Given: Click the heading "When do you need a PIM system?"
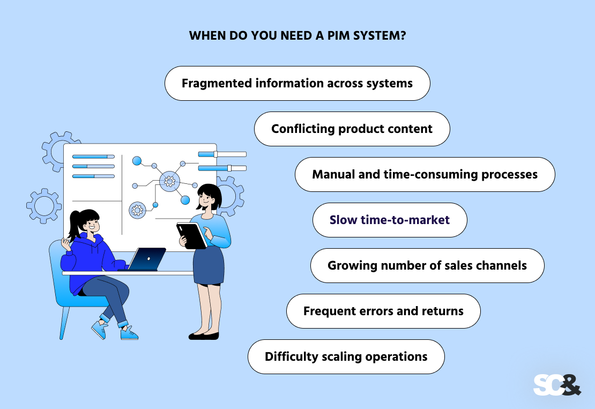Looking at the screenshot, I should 297,37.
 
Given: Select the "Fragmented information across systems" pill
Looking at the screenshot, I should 297,84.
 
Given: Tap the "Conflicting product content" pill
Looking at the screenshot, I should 352,129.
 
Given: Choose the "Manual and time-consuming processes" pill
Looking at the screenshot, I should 425,175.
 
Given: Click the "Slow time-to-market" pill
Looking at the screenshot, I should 390,220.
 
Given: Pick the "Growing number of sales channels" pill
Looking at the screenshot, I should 427,266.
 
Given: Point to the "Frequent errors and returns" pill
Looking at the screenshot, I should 383,311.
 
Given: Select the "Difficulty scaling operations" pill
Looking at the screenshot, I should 346,357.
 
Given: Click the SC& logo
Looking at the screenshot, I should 556,384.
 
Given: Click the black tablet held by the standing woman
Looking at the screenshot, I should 192,235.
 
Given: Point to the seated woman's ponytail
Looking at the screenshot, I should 75,226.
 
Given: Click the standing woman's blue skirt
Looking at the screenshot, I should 209,265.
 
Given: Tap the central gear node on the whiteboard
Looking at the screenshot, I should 169,182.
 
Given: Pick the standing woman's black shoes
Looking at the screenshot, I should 204,336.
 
